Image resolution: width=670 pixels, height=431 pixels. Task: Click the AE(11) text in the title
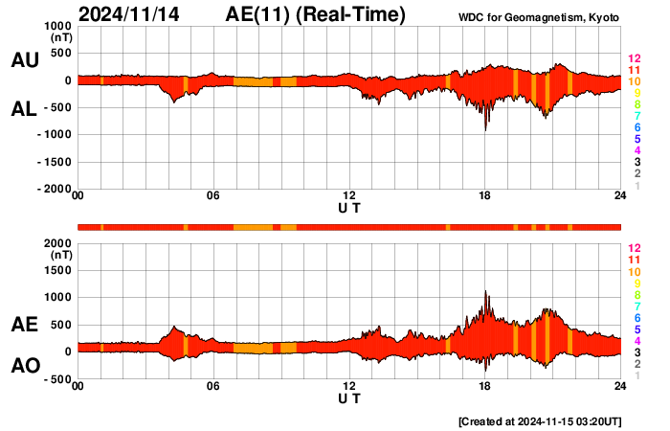[x=316, y=14]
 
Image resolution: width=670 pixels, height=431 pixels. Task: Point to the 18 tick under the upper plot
[x=485, y=197]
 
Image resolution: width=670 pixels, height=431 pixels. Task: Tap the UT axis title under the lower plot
[x=349, y=397]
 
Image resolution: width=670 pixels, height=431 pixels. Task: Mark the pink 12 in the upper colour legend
[x=635, y=58]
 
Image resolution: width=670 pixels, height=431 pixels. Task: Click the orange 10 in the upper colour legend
[x=635, y=81]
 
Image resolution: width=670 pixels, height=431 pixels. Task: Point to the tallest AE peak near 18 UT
[x=486, y=291]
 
